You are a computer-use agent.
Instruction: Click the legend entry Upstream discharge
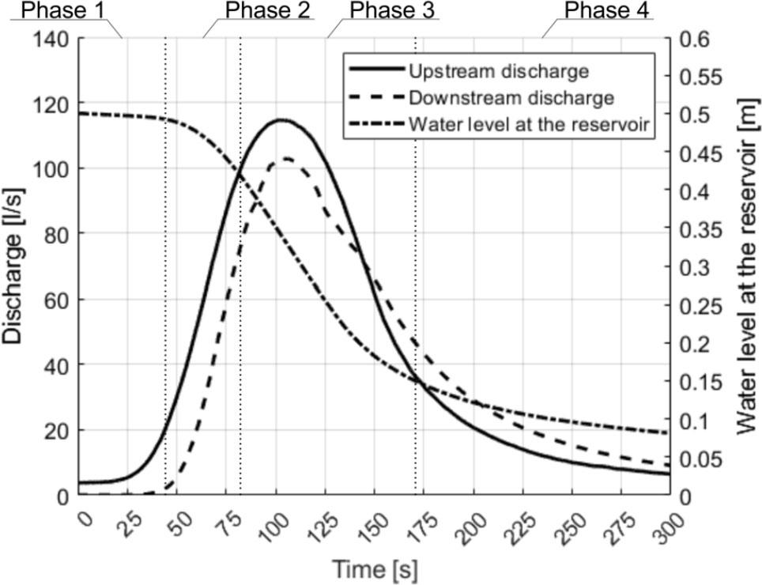point(498,71)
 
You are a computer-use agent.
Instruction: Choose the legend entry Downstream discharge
point(511,98)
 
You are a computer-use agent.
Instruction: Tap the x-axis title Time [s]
point(374,568)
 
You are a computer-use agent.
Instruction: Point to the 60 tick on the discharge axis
point(57,300)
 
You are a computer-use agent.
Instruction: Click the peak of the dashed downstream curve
point(285,159)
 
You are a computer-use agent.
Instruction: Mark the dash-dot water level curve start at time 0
point(80,114)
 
